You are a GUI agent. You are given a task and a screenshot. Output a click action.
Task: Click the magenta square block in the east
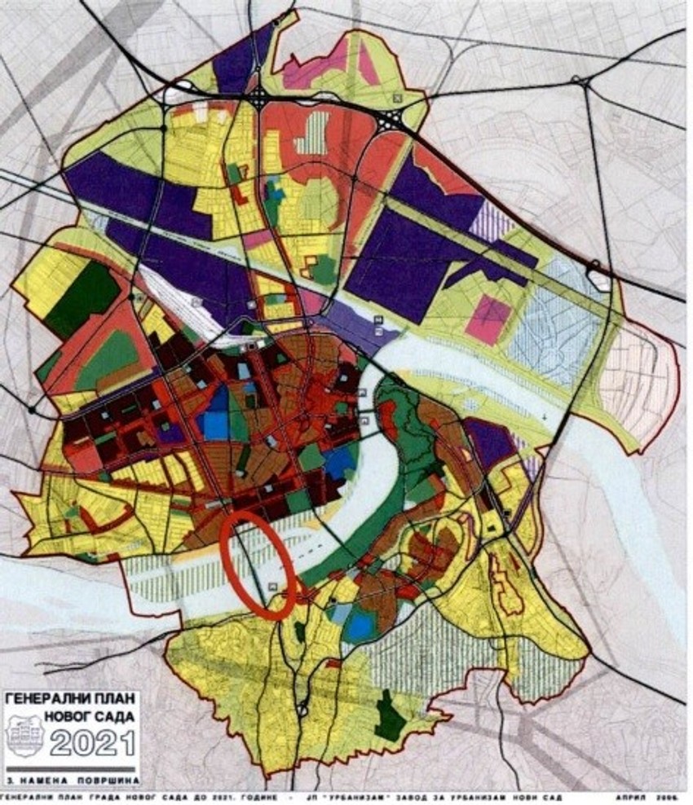tap(488, 319)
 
